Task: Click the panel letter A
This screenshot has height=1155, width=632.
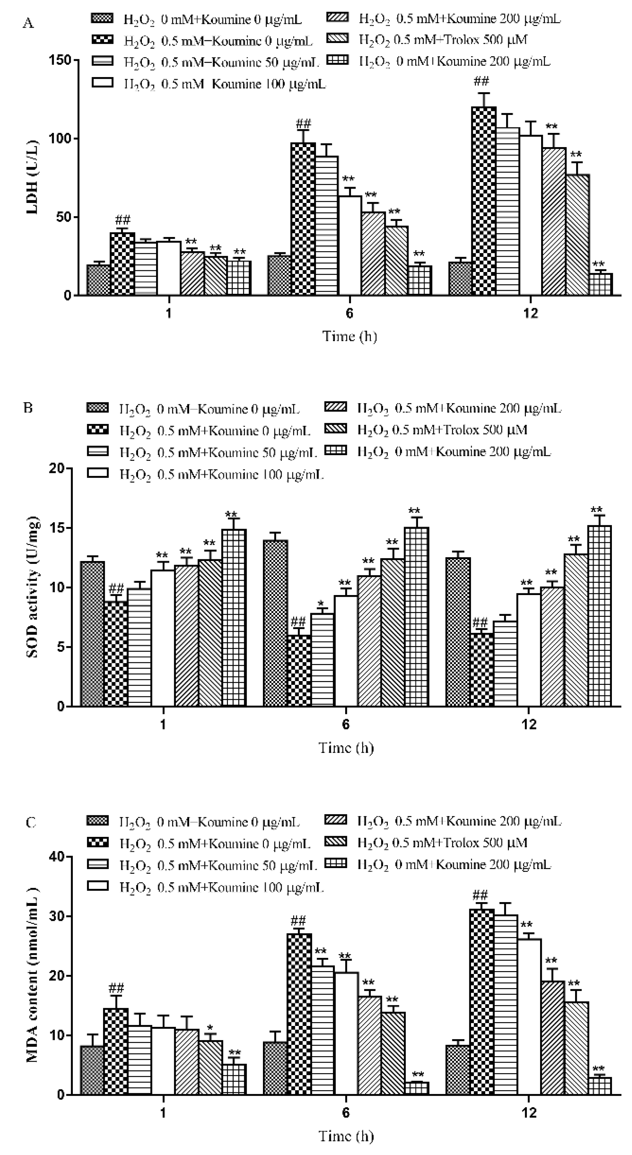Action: (28, 23)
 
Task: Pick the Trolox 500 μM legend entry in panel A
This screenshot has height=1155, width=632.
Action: (443, 40)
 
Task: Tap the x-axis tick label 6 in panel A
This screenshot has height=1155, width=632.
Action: (349, 313)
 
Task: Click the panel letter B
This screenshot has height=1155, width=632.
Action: (28, 408)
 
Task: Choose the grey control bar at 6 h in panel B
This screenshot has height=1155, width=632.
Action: (275, 623)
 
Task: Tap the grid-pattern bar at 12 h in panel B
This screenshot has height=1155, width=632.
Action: (599, 616)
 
